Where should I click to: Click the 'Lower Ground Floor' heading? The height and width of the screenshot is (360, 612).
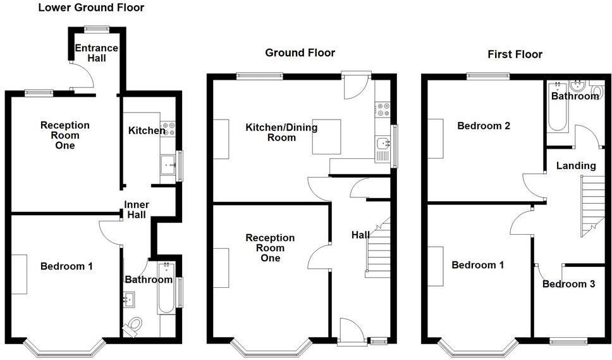click(x=91, y=8)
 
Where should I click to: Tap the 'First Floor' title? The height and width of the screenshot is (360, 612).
click(x=515, y=54)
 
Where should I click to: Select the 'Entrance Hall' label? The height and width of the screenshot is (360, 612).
click(x=96, y=53)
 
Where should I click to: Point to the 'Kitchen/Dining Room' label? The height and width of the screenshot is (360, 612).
click(x=281, y=132)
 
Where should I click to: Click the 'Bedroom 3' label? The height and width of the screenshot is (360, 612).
click(x=568, y=284)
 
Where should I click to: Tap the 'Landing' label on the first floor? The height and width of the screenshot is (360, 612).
click(x=576, y=166)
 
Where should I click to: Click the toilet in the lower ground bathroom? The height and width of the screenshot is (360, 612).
click(x=133, y=325)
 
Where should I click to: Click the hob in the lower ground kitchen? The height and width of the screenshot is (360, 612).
click(x=168, y=129)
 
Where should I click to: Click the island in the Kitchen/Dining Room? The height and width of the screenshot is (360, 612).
click(x=326, y=137)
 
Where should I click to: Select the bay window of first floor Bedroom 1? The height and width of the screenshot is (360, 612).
click(x=478, y=347)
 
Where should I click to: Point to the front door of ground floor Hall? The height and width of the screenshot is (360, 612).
click(x=351, y=331)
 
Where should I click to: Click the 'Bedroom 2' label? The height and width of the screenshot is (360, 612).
click(x=484, y=126)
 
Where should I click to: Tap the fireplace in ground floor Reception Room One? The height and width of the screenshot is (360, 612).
click(x=221, y=268)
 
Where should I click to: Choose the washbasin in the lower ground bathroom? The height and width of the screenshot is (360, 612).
click(x=130, y=298)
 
